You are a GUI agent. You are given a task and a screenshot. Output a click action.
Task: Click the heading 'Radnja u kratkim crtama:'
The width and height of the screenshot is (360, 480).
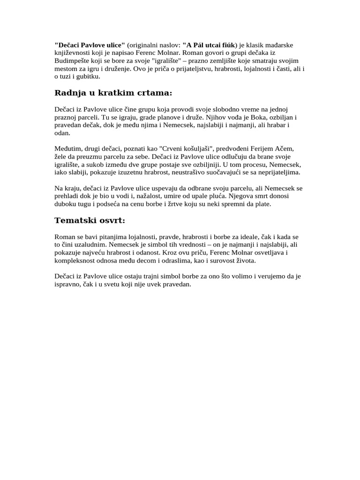(x=113, y=93)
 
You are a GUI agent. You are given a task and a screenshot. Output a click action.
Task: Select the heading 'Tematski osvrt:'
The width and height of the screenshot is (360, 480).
(x=90, y=220)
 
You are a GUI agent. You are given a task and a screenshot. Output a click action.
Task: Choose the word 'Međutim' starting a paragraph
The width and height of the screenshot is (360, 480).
(x=68, y=149)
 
